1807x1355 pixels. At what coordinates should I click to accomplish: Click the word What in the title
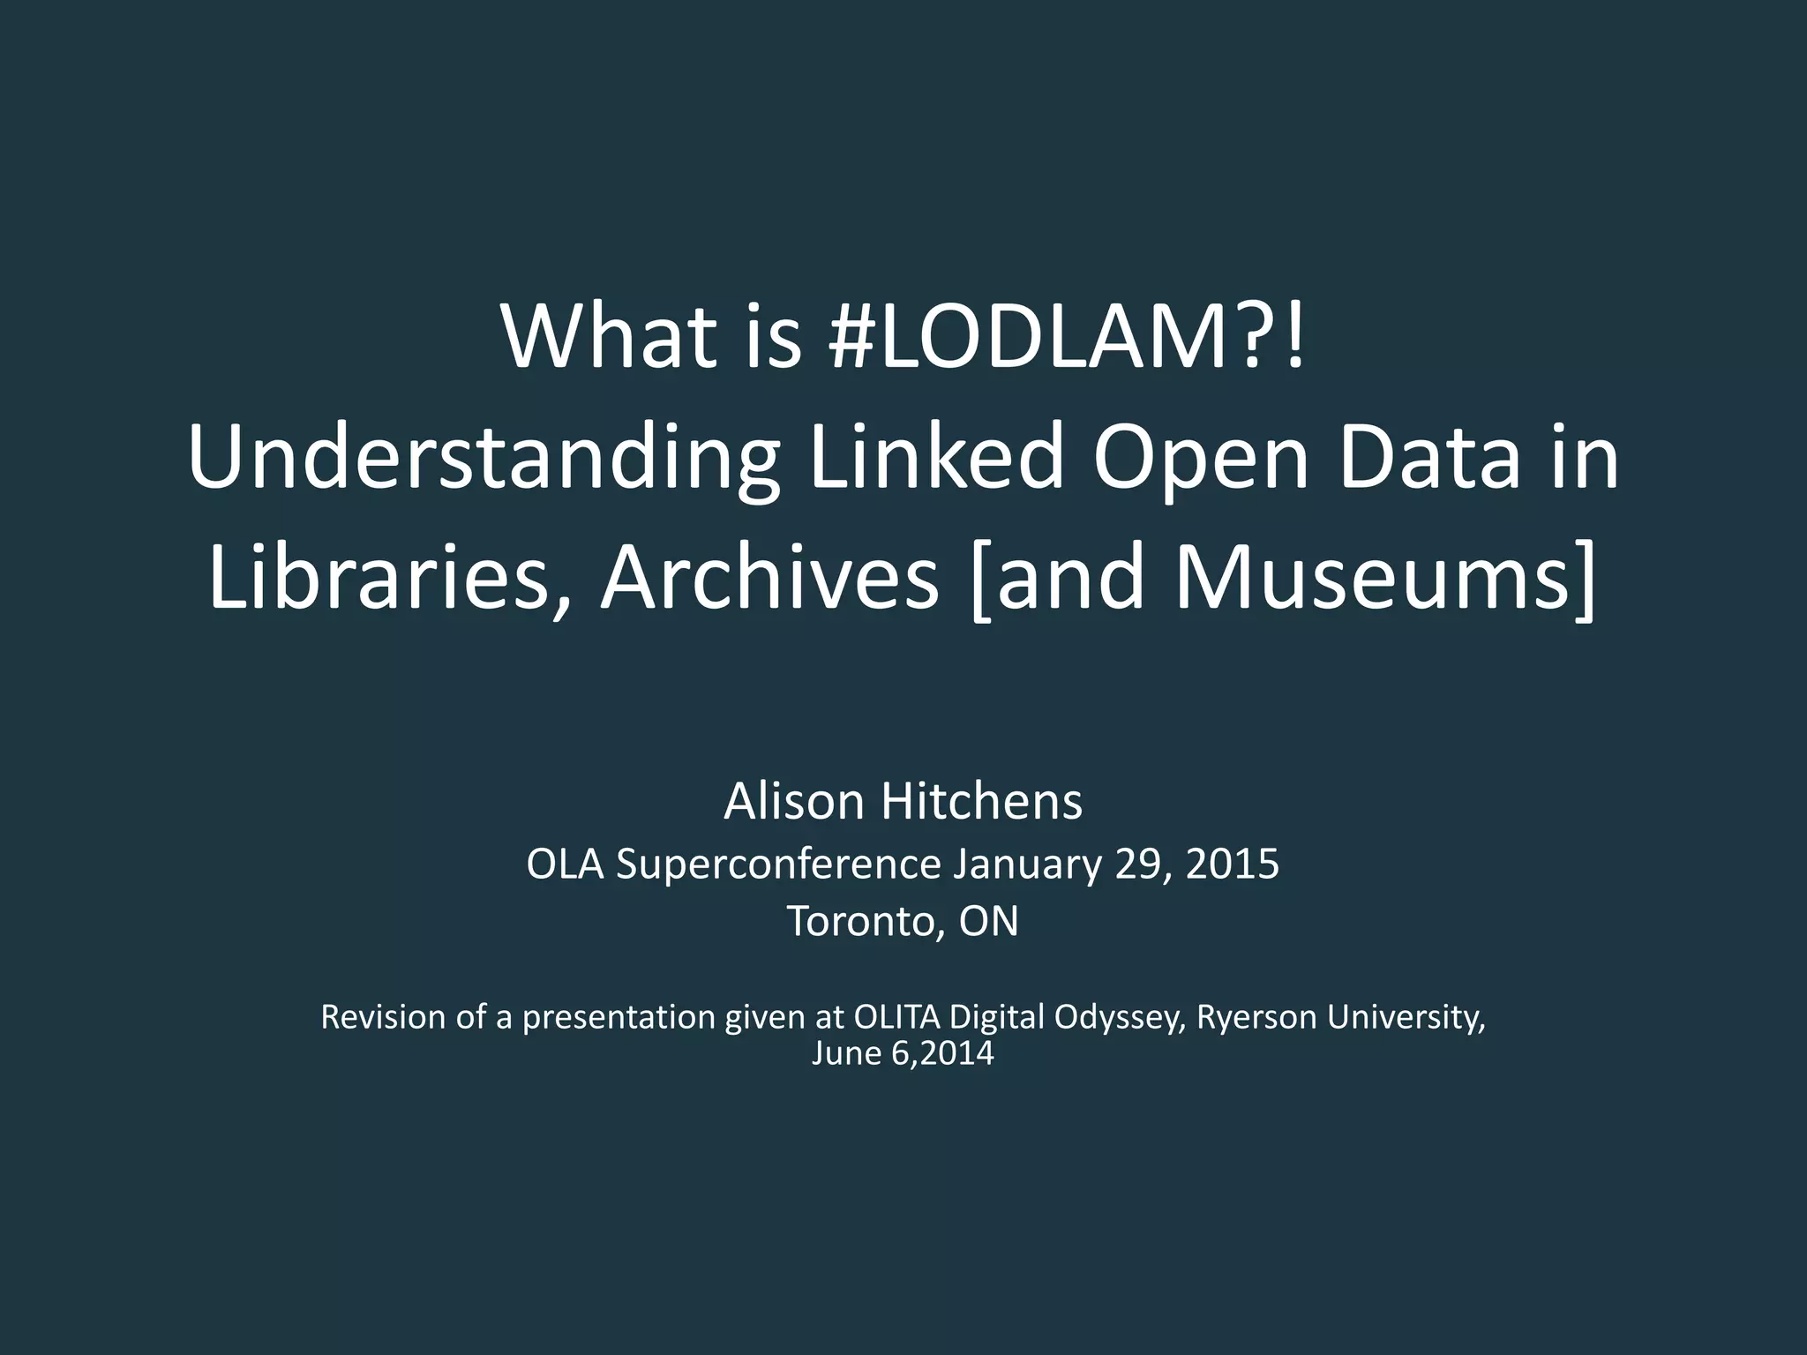click(609, 338)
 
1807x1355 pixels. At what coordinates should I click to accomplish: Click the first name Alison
click(793, 802)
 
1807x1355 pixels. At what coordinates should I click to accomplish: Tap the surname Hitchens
click(980, 802)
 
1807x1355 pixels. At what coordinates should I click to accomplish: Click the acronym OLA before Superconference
click(565, 864)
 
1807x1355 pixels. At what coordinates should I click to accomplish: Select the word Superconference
click(778, 864)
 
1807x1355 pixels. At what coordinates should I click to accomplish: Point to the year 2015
click(1232, 864)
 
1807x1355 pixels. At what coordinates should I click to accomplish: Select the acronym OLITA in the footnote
click(899, 1017)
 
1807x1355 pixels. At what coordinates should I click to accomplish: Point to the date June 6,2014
click(903, 1053)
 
